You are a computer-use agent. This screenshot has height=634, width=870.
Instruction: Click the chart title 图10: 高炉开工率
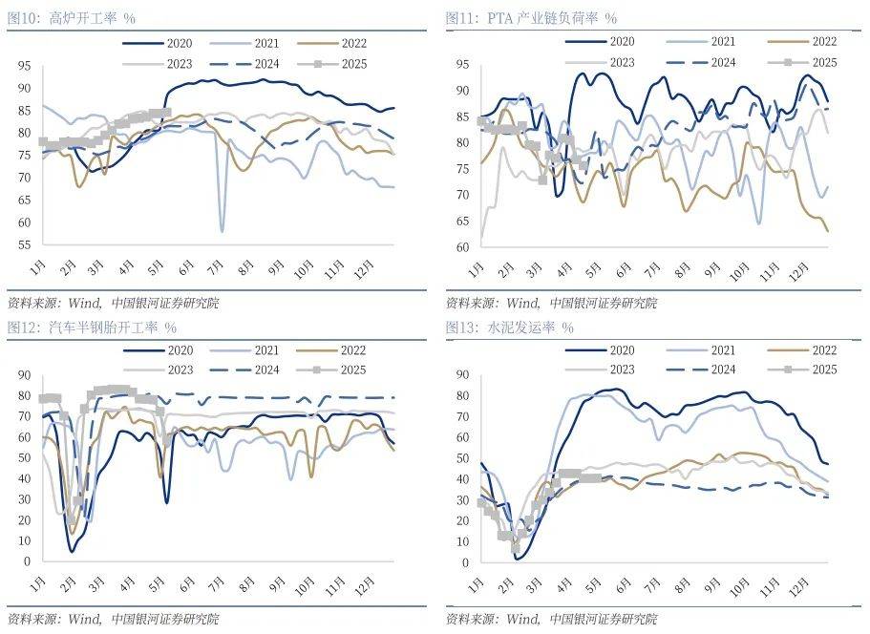71,18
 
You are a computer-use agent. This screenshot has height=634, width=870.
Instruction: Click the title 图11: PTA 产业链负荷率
531,18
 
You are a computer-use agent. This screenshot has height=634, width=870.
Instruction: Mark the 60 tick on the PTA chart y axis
460,247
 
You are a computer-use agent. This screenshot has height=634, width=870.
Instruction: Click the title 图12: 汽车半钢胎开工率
91,328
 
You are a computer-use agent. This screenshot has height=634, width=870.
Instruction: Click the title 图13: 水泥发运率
509,328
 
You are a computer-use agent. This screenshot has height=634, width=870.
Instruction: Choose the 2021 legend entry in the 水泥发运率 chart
721,350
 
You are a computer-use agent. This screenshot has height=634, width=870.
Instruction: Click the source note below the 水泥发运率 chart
551,620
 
